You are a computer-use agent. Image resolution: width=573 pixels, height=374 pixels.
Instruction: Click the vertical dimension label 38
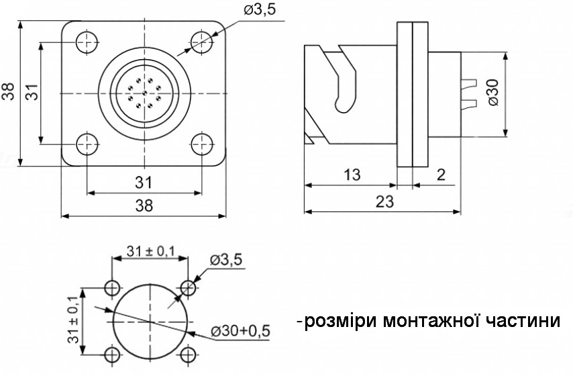(x=9, y=92)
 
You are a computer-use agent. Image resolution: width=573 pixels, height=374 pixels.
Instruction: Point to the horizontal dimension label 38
(x=144, y=206)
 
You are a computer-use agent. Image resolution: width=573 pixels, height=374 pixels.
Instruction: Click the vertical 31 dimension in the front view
(x=32, y=92)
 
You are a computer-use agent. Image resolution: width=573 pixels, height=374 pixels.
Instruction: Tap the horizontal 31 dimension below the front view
(x=144, y=182)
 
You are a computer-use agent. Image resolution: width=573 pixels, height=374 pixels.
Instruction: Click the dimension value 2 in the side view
(x=441, y=175)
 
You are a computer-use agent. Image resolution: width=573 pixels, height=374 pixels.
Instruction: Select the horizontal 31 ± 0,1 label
(x=151, y=252)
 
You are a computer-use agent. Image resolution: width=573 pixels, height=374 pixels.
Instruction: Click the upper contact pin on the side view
(x=469, y=83)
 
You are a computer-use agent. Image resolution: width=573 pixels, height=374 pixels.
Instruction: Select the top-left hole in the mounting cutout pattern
(x=112, y=288)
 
